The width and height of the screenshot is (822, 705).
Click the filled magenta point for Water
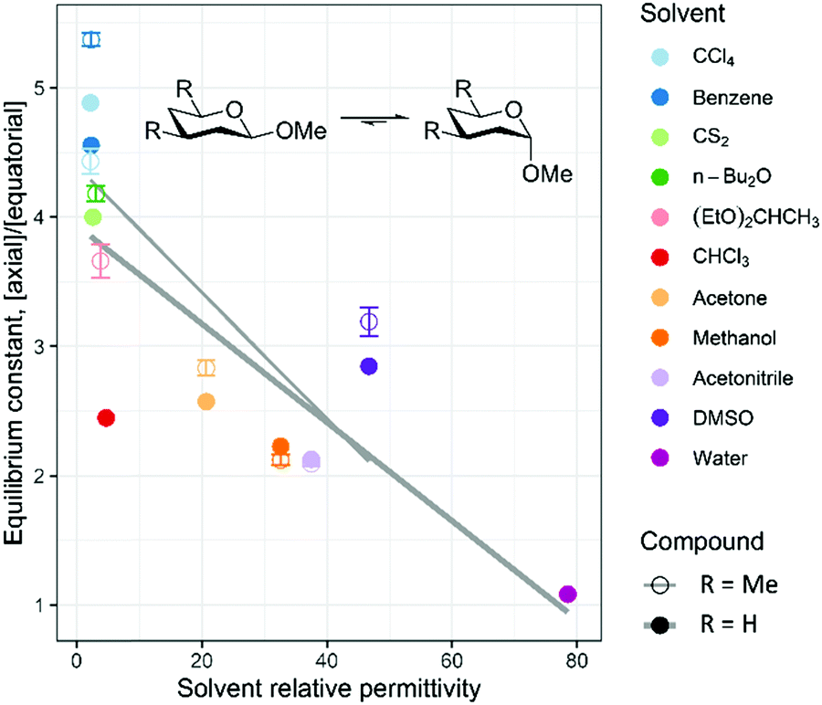tap(567, 595)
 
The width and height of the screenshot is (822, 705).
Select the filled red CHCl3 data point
tap(105, 417)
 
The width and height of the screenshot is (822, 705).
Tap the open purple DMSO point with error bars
tap(369, 321)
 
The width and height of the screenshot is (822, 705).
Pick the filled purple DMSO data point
tap(369, 366)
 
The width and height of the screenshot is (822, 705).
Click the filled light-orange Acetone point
tap(206, 401)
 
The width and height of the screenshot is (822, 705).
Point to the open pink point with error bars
tap(101, 261)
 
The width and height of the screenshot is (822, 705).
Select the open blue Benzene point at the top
tap(90, 39)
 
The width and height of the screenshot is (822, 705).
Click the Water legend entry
tap(699, 458)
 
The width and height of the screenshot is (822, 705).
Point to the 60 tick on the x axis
tap(451, 659)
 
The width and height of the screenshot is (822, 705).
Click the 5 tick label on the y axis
tap(53, 88)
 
